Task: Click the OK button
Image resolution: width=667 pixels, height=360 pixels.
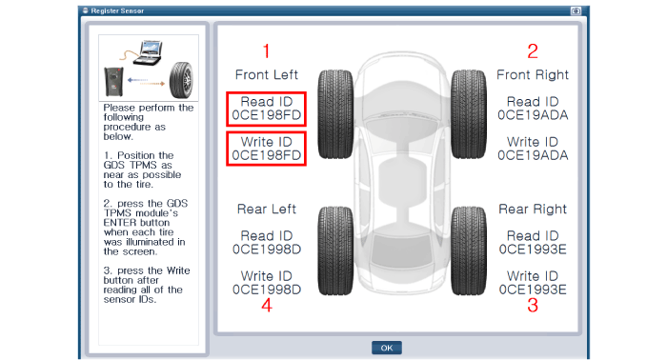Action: tap(386, 348)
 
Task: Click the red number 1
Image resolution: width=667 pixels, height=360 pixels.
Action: tap(266, 51)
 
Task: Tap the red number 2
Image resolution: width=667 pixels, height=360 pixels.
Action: tap(533, 51)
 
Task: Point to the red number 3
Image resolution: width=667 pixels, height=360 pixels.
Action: tap(533, 305)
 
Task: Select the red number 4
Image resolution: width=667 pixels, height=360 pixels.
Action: tap(267, 305)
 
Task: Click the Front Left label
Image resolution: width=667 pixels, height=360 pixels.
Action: tap(267, 75)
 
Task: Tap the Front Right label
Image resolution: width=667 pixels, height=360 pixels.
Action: tap(533, 75)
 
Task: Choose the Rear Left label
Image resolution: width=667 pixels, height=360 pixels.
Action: tap(267, 210)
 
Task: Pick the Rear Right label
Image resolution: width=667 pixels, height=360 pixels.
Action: tap(533, 210)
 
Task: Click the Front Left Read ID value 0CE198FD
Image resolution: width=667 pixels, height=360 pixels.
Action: tap(267, 115)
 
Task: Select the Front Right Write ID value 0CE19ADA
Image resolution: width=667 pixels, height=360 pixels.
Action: tap(533, 155)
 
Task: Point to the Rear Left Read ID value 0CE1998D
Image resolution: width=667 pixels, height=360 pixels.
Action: tap(267, 250)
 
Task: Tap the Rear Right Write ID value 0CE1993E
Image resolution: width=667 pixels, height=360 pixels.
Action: tap(533, 290)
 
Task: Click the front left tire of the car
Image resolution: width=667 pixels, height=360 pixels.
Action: tap(335, 114)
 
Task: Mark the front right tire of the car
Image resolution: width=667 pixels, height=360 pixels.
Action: tap(469, 114)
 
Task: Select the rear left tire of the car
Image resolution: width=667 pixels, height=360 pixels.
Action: tap(335, 250)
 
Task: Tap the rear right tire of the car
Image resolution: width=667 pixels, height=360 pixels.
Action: tap(469, 250)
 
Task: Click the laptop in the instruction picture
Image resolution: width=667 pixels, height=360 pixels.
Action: tap(148, 52)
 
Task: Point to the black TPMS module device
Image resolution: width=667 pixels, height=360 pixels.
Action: tap(113, 82)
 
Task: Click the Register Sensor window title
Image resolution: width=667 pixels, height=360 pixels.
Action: tap(117, 10)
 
